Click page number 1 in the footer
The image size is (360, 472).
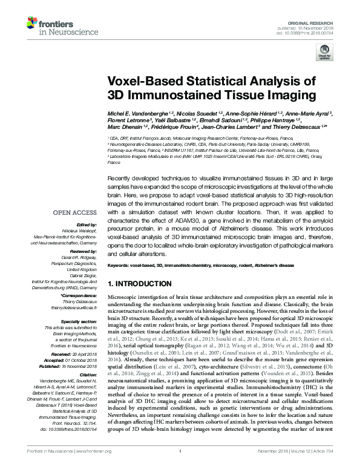(180, 467)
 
